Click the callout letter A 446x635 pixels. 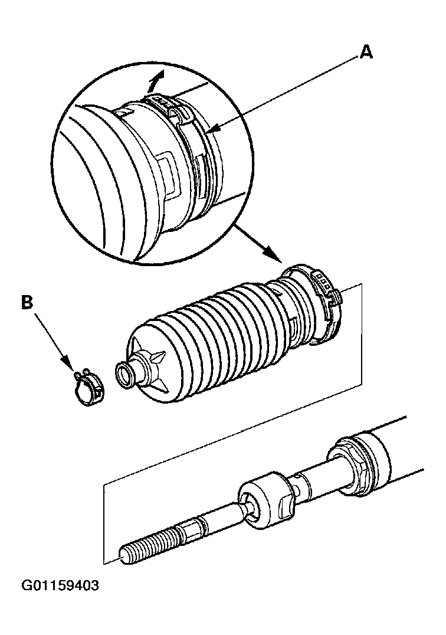pyautogui.click(x=366, y=53)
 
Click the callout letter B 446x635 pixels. pyautogui.click(x=27, y=303)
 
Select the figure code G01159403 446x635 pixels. pyautogui.click(x=60, y=587)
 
